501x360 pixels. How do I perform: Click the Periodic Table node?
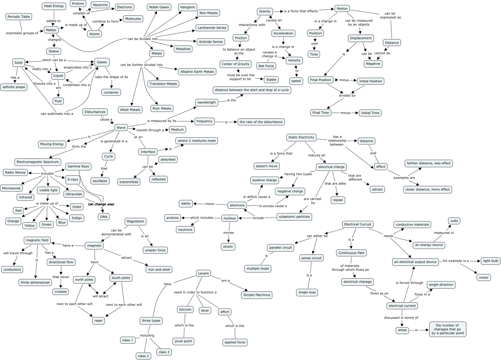19,17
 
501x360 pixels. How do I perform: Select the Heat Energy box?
54,6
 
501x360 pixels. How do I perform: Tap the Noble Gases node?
159,7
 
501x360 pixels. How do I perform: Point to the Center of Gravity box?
236,64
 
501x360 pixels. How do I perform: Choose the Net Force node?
266,66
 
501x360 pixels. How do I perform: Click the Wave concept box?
121,127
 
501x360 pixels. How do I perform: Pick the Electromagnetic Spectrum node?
38,162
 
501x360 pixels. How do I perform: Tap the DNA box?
104,217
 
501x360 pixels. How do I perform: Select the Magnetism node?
136,221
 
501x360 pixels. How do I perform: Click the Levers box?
204,274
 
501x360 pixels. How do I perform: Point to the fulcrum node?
185,309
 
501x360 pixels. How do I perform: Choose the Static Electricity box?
301,137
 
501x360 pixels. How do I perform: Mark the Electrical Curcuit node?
358,224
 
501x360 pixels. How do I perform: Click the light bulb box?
491,261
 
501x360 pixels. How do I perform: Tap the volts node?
454,221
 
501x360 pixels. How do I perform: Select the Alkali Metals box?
130,110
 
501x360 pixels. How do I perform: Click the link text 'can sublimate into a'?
57,114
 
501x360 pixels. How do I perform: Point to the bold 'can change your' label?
101,204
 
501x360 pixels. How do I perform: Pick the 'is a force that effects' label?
301,11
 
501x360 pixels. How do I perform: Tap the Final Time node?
321,113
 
